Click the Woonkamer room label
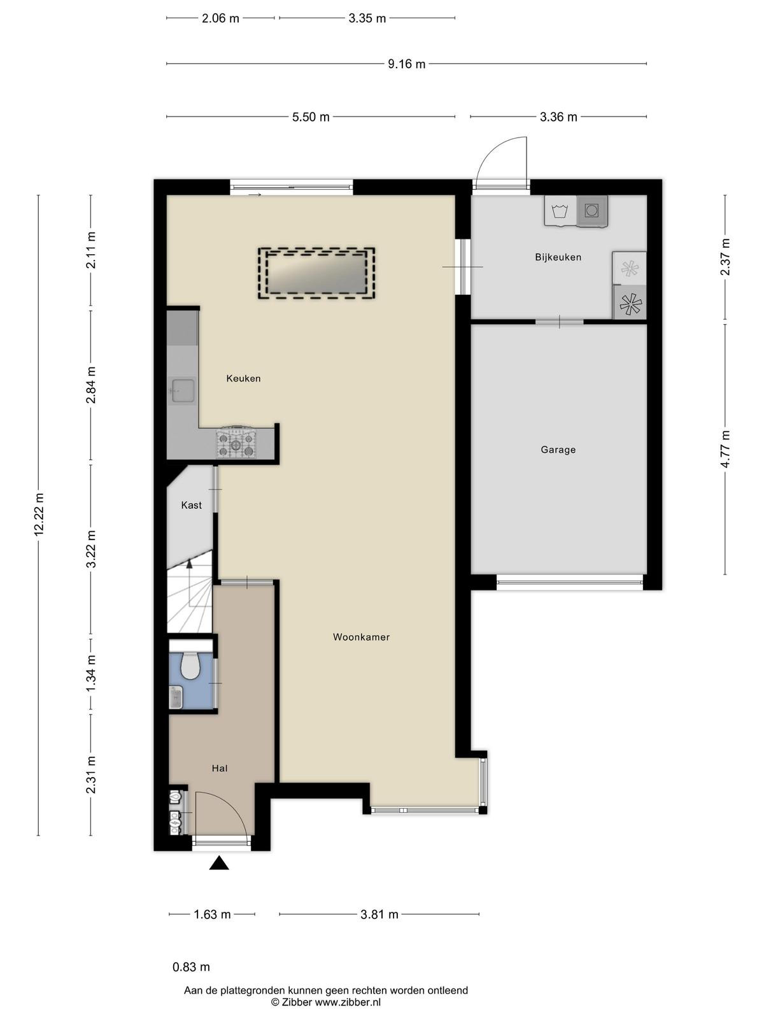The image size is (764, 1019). (x=361, y=638)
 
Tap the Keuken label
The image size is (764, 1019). (x=244, y=378)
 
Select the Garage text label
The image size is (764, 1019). (x=558, y=450)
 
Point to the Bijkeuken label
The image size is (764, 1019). (x=558, y=257)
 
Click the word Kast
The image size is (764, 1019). (x=191, y=505)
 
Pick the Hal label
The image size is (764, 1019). (x=220, y=768)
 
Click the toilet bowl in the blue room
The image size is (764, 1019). (x=190, y=666)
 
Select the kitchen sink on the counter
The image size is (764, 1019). (x=183, y=390)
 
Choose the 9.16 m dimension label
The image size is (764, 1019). (x=406, y=64)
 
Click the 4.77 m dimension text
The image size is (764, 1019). (x=725, y=449)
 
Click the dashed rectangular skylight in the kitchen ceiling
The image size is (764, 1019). (x=316, y=273)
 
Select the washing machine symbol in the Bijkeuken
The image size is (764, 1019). (x=560, y=211)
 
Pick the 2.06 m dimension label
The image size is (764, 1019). (x=220, y=18)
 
